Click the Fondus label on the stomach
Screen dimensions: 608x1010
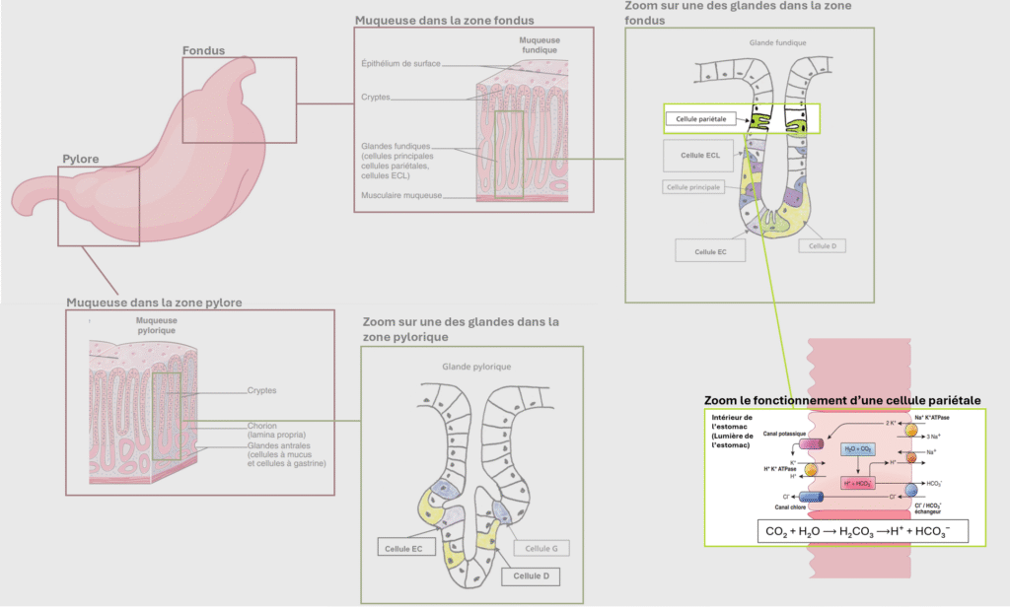coord(204,50)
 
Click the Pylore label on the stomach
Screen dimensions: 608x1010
coord(81,159)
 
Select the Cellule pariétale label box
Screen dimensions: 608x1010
coord(700,118)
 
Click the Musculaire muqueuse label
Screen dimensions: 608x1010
coord(399,195)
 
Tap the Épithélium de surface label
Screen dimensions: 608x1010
coord(399,63)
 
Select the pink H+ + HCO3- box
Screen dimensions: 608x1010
coord(858,484)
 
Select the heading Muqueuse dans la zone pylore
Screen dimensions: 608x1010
coord(154,302)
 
